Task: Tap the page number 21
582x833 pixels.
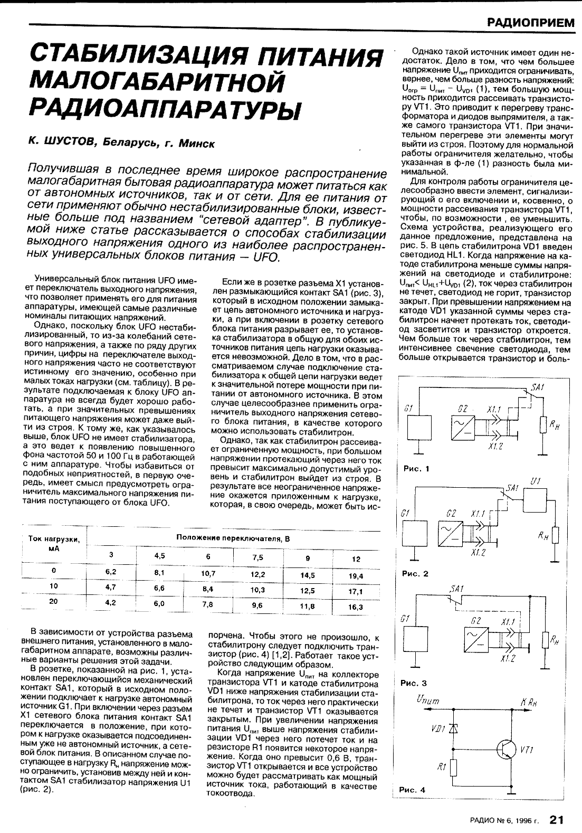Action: [557, 819]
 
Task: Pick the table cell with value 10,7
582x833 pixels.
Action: [208, 573]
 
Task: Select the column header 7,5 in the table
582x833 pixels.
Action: [257, 557]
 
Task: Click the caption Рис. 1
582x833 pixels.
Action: [416, 468]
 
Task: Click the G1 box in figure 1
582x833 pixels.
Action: [419, 430]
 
